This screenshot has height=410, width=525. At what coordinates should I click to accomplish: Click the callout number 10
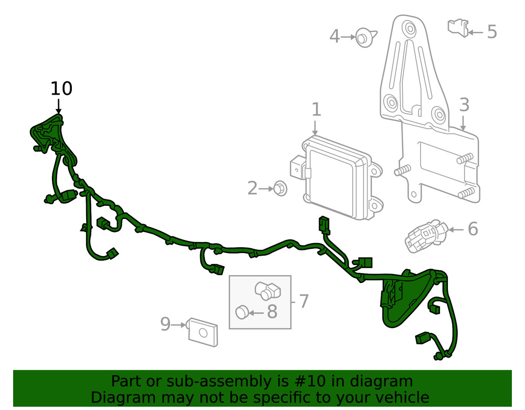61,89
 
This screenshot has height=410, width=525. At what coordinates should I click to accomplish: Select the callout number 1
316,110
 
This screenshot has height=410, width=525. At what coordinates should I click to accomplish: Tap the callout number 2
253,188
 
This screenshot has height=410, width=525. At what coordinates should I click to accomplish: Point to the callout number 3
464,105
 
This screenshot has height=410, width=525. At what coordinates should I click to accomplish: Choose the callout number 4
334,37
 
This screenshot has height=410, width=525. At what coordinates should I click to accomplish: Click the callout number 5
491,32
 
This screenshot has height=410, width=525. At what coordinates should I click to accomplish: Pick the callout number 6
472,229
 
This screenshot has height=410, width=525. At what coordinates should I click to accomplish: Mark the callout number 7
303,301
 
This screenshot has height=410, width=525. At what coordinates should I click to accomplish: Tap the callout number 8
272,312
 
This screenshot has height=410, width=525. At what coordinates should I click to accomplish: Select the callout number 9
165,324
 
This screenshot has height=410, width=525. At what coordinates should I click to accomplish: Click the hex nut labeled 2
280,187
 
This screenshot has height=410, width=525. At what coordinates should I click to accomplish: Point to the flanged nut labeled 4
363,37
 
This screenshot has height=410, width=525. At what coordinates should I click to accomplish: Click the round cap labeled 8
241,312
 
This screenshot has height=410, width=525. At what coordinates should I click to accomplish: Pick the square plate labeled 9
203,331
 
